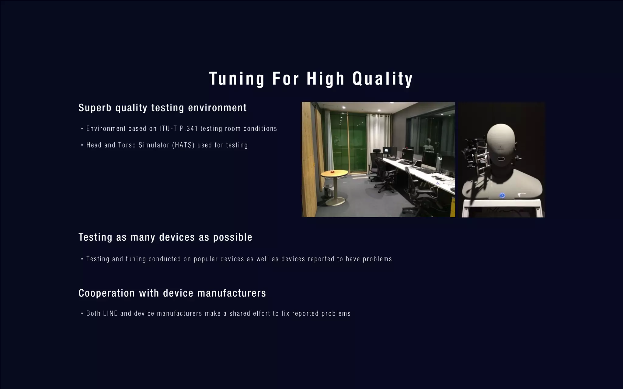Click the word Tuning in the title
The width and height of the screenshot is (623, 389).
tap(237, 79)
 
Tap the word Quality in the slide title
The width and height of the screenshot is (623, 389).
tap(382, 79)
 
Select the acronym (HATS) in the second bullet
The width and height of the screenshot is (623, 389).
tap(183, 145)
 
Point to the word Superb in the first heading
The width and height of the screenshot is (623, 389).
tap(95, 108)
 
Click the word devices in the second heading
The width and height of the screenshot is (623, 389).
tap(177, 237)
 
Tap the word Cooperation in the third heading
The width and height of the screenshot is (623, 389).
tap(106, 293)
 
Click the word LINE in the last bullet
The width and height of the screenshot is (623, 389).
tap(110, 314)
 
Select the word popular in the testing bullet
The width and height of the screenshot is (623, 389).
tap(206, 259)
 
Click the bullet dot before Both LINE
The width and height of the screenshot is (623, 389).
tap(82, 314)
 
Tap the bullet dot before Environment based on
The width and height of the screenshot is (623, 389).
tap(82, 129)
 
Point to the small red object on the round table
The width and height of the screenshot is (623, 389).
tap(333, 172)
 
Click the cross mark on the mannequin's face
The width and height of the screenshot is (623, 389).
tap(500, 149)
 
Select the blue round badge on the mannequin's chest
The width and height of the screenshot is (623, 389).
tap(502, 195)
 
